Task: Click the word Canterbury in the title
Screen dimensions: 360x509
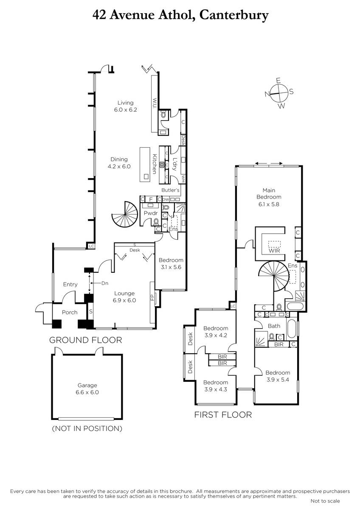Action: click(234, 16)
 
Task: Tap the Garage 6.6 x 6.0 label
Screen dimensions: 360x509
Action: click(87, 389)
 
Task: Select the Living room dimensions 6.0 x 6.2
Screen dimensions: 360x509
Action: click(126, 110)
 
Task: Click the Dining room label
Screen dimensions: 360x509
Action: click(119, 159)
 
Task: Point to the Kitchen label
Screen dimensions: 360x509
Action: click(155, 164)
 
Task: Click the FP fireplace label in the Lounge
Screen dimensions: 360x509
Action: click(152, 298)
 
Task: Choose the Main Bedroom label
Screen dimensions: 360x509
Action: click(269, 193)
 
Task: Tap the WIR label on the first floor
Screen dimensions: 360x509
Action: click(274, 251)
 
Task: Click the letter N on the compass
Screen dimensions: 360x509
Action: click(267, 94)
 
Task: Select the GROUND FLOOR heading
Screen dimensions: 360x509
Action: click(86, 340)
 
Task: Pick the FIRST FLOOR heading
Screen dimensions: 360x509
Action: click(223, 415)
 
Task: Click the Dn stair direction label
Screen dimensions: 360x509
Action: click(105, 283)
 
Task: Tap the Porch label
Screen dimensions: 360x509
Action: click(70, 312)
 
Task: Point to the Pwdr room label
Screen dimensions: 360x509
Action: click(151, 213)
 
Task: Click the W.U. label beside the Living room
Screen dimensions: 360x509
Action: click(155, 103)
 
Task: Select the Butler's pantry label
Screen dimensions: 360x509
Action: click(170, 190)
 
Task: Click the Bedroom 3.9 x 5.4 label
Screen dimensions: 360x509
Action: click(278, 376)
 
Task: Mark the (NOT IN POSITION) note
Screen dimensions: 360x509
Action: click(87, 428)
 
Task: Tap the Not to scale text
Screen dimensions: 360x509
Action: click(325, 501)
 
